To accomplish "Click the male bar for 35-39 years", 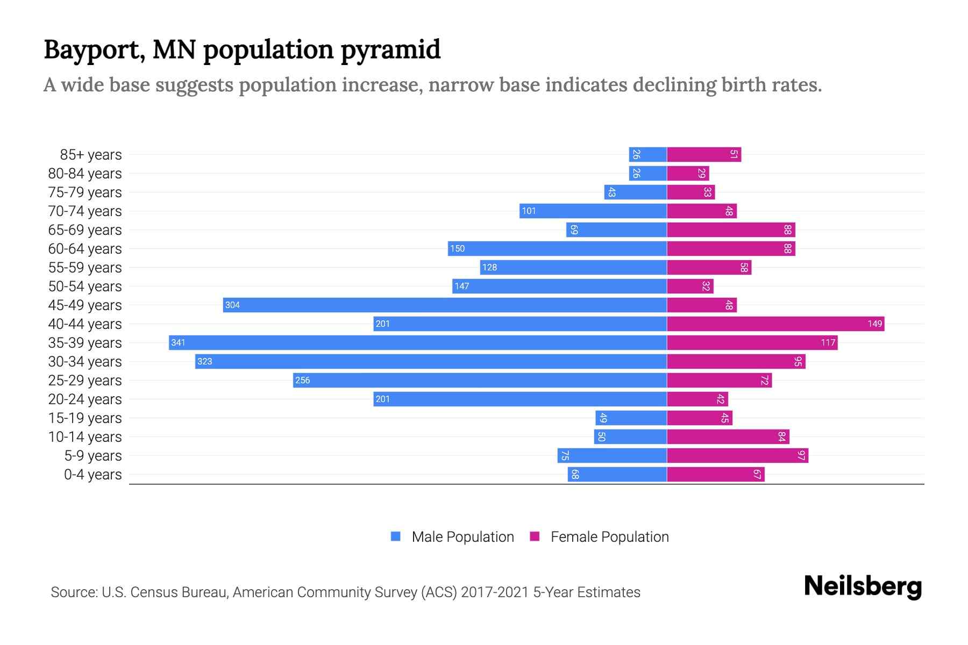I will pyautogui.click(x=418, y=343).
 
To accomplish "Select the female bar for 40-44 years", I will pyautogui.click(x=775, y=324).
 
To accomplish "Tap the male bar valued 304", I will pyautogui.click(x=445, y=305).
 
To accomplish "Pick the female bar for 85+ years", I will pyautogui.click(x=704, y=155).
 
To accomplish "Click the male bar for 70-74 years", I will pyautogui.click(x=593, y=211).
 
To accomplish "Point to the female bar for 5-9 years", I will pyautogui.click(x=737, y=456).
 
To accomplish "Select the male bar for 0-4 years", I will pyautogui.click(x=617, y=475).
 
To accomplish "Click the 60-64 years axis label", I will pyautogui.click(x=85, y=249).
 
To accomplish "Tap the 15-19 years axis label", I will pyautogui.click(x=85, y=418).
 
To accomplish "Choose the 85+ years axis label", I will pyautogui.click(x=91, y=155).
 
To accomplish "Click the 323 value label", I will pyautogui.click(x=204, y=362).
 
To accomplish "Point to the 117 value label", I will pyautogui.click(x=828, y=343).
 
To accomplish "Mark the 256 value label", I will pyautogui.click(x=302, y=381).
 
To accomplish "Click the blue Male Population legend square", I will pyautogui.click(x=396, y=536).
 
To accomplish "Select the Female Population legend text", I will pyautogui.click(x=609, y=537).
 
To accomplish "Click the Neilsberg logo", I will pyautogui.click(x=863, y=586).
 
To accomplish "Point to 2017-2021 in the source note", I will pyautogui.click(x=495, y=592).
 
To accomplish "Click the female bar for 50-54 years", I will pyautogui.click(x=690, y=286).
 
